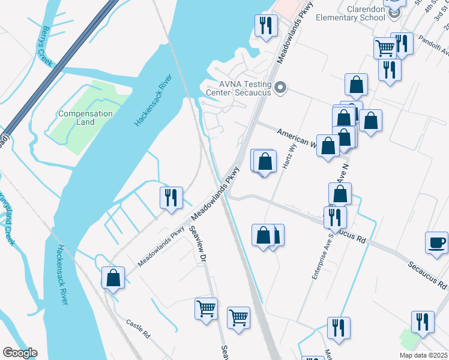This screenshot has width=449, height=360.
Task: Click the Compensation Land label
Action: [x=85, y=118]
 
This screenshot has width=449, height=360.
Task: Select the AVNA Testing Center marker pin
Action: [x=280, y=89]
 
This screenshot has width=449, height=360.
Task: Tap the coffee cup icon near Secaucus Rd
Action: [x=436, y=242]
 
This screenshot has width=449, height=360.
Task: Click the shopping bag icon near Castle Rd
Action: [x=113, y=277]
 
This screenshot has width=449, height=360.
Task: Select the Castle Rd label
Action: [x=137, y=329]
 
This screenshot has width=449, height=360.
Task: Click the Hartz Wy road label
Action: [x=288, y=160]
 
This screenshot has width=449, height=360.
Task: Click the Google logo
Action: [x=20, y=353]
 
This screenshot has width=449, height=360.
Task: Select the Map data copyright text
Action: [x=423, y=355]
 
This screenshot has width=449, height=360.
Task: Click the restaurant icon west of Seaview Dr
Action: [x=171, y=197]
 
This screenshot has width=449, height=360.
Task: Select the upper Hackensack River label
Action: [x=152, y=101]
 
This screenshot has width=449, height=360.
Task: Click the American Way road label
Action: [x=295, y=137]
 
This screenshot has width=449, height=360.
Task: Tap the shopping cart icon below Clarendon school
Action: [x=384, y=47]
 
